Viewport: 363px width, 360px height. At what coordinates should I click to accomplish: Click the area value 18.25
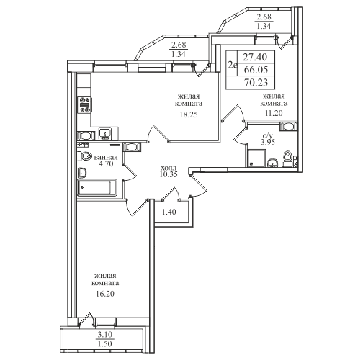tap(189, 114)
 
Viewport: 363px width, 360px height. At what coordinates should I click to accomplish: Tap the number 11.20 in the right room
tap(274, 113)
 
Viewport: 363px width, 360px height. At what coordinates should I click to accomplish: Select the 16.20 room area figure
tap(105, 294)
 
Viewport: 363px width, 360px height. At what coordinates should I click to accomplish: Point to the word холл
tap(169, 168)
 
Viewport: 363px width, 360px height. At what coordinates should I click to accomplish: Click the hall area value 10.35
tap(169, 174)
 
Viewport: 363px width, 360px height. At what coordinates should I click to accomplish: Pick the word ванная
tap(106, 158)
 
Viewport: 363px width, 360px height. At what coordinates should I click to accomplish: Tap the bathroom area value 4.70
tap(106, 164)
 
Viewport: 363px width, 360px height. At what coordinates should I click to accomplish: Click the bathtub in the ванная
tap(97, 187)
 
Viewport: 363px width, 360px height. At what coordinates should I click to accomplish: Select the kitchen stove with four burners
tap(84, 105)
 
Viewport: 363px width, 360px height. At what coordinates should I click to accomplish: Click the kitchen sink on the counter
tap(104, 134)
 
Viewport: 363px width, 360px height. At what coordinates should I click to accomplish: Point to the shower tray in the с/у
tap(256, 158)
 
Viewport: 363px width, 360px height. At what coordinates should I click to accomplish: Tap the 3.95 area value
tap(268, 142)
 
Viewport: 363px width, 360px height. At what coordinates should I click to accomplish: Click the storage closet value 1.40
tap(169, 212)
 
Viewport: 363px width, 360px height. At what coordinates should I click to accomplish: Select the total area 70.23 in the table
tap(256, 83)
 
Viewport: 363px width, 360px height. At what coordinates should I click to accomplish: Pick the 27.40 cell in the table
tap(255, 57)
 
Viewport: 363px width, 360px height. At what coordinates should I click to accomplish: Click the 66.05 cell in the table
tap(256, 70)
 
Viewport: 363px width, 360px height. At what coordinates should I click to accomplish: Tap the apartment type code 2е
tap(233, 65)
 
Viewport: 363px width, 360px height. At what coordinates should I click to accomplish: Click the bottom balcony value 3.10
tap(105, 334)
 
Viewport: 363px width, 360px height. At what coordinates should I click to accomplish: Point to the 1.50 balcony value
tap(105, 343)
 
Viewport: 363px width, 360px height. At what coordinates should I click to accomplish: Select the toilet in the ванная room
tap(86, 156)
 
